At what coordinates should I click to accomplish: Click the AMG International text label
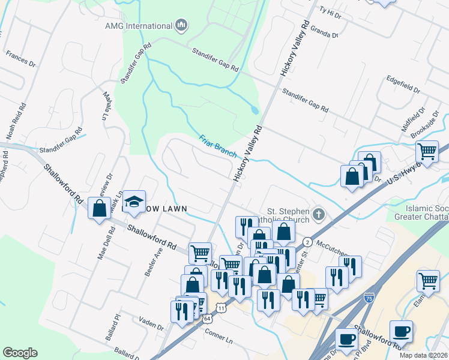pyautogui.click(x=139, y=26)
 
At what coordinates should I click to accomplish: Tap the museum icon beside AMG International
pyautogui.click(x=181, y=26)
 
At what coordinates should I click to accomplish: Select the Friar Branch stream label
pyautogui.click(x=218, y=145)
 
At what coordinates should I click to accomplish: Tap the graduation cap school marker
pyautogui.click(x=136, y=200)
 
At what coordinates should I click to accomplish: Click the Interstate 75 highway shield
pyautogui.click(x=370, y=297)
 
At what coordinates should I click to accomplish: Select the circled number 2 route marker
pyautogui.click(x=307, y=241)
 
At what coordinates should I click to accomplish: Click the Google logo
pyautogui.click(x=20, y=353)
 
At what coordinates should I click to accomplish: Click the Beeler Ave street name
pyautogui.click(x=154, y=261)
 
